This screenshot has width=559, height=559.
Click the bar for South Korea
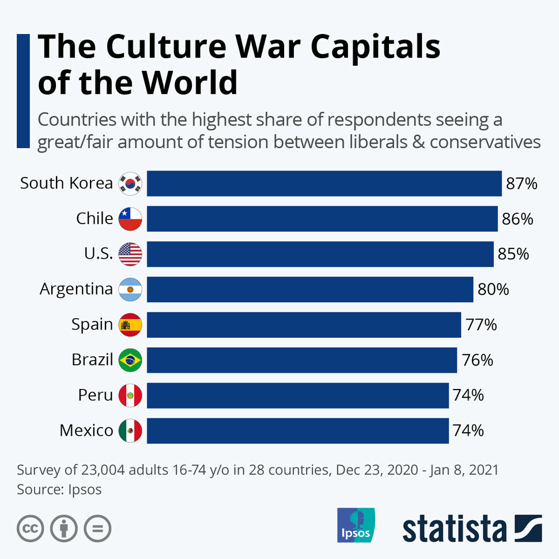click(x=324, y=183)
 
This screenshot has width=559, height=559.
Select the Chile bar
click(x=322, y=219)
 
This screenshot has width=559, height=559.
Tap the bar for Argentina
click(x=309, y=289)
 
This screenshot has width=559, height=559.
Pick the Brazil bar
click(x=301, y=360)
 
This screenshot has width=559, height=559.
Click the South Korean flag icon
click(x=130, y=184)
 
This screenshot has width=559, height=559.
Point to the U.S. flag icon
click(x=130, y=254)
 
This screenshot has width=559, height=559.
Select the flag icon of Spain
click(x=130, y=325)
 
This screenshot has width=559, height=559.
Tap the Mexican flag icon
click(x=130, y=430)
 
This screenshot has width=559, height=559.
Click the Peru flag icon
click(x=130, y=395)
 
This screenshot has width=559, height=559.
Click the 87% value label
click(x=522, y=184)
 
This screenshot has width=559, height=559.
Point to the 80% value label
click(x=493, y=289)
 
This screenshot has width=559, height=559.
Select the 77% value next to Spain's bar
click(x=481, y=325)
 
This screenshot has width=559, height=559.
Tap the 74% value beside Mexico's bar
click(x=468, y=430)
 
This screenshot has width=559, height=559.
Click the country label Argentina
click(x=76, y=289)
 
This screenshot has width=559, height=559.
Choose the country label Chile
click(x=95, y=219)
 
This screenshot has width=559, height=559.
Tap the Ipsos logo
click(x=356, y=525)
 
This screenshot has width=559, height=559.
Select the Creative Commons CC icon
click(x=31, y=528)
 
